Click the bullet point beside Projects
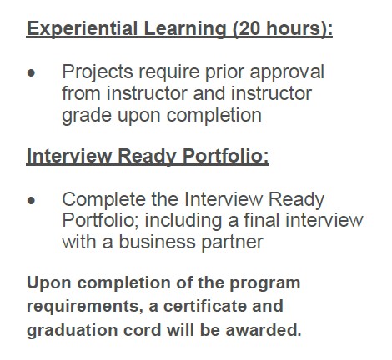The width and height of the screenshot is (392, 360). click(32, 73)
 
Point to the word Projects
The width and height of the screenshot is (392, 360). click(98, 72)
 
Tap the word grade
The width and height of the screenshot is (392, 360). click(87, 116)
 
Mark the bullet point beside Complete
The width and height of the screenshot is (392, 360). click(32, 200)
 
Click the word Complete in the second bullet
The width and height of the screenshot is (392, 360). click(103, 200)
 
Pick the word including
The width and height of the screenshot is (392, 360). click(183, 221)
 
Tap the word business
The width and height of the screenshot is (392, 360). click(158, 242)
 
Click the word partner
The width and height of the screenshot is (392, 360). click(232, 242)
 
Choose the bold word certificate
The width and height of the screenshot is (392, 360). click(204, 306)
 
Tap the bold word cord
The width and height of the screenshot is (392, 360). click(143, 330)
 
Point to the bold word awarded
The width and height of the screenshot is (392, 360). click(264, 330)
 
